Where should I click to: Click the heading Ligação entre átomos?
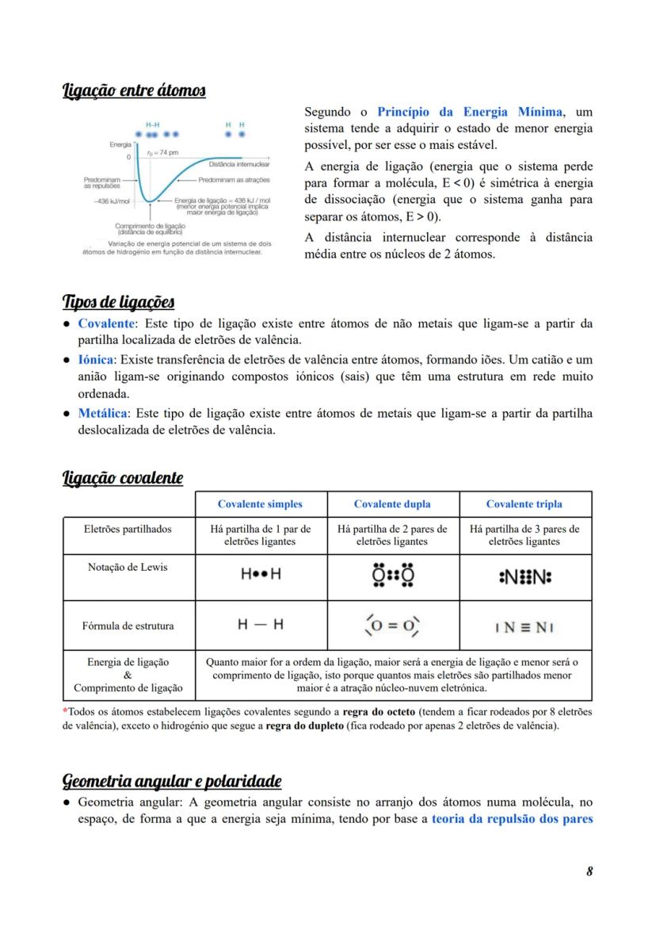(x=134, y=92)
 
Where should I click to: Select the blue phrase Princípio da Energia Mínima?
(x=469, y=112)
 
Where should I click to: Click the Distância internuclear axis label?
(x=239, y=164)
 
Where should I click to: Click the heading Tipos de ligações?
(x=118, y=303)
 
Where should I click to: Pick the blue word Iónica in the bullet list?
(x=96, y=359)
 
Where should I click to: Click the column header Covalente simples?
(x=260, y=504)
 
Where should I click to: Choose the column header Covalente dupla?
(x=392, y=504)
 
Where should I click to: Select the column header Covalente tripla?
(x=524, y=504)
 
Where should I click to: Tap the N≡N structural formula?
(x=524, y=627)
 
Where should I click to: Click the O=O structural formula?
(x=392, y=626)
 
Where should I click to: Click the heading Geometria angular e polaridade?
(x=172, y=782)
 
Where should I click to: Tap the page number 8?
(x=589, y=872)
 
